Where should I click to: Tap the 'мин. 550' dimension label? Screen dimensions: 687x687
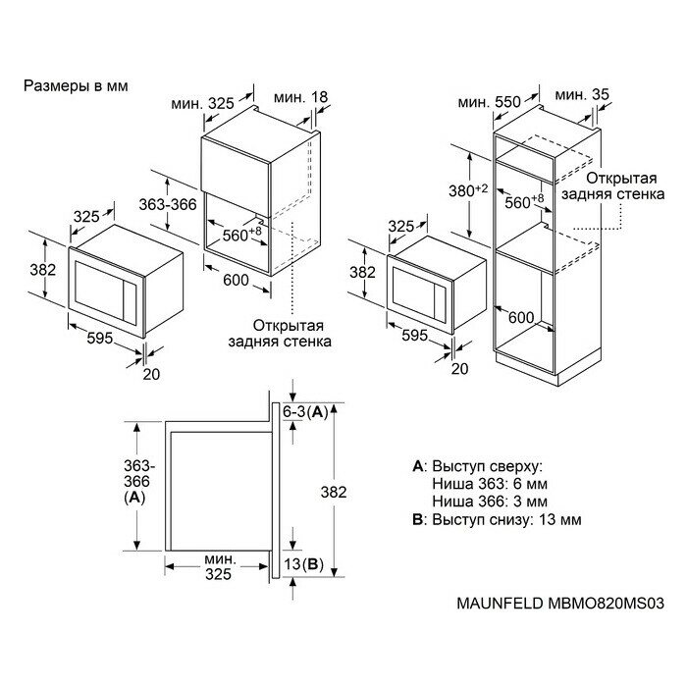(488, 101)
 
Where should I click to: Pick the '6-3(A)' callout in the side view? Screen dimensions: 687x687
(303, 413)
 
